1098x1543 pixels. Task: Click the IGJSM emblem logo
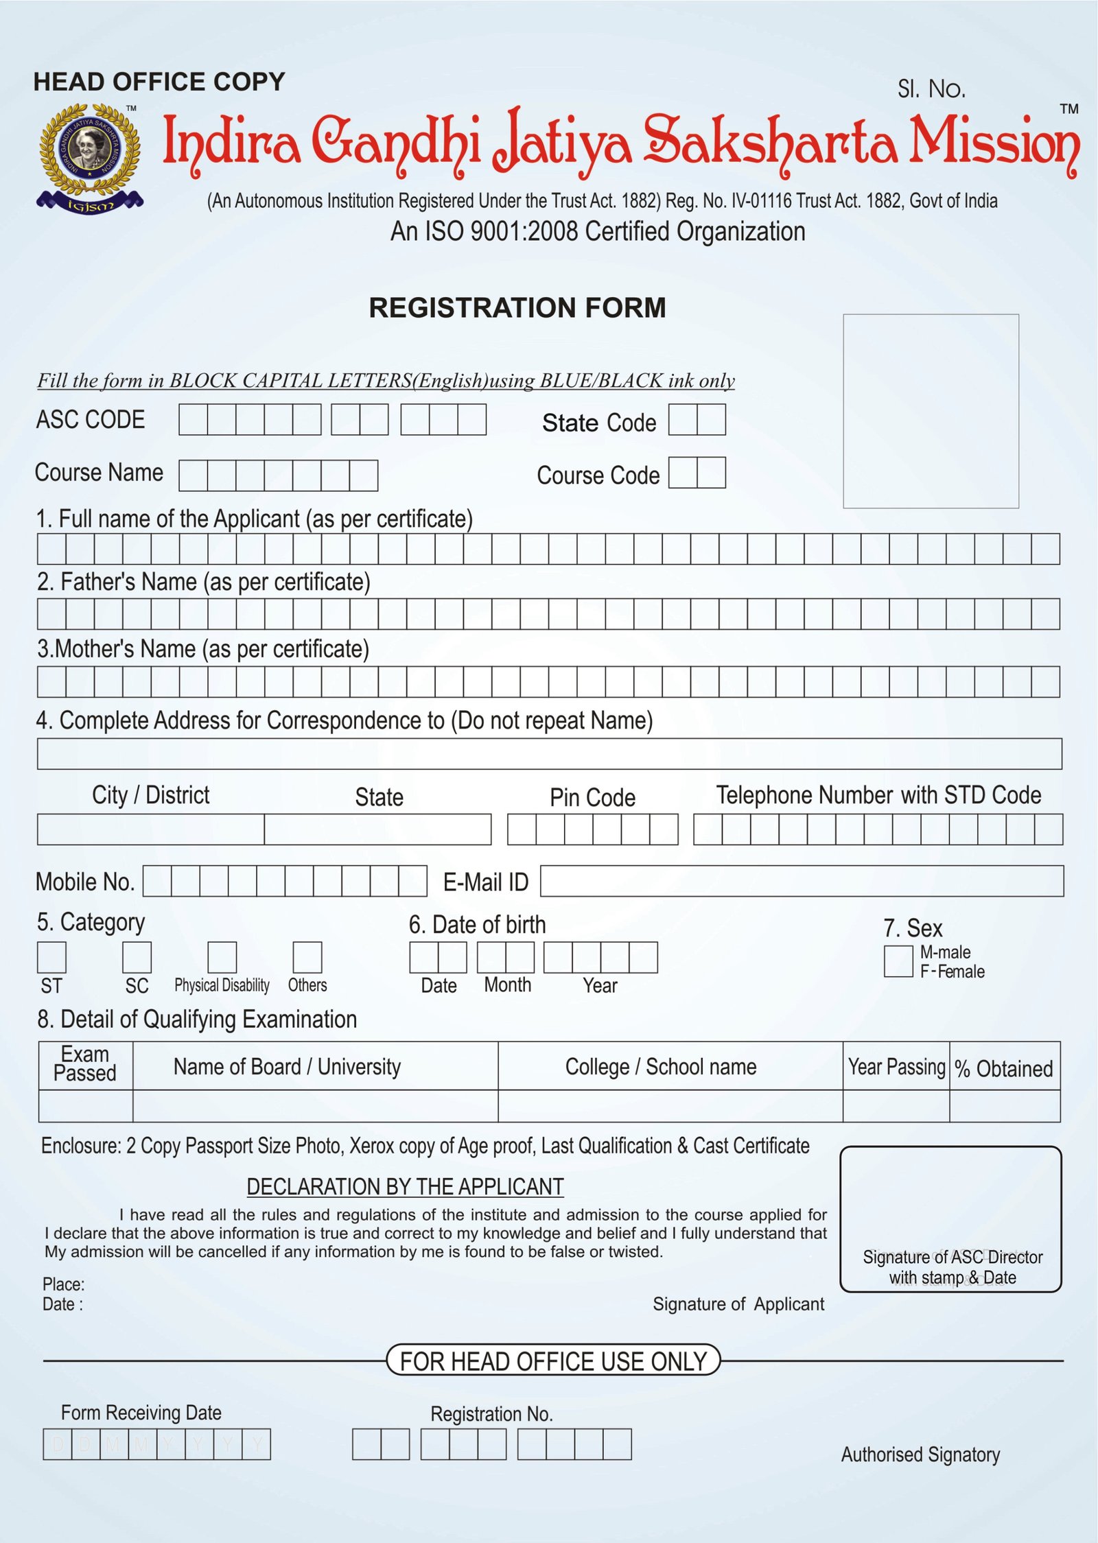90,158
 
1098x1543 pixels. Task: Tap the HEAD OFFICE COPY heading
159,82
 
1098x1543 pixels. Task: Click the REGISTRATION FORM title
517,307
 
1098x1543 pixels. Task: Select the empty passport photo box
930,411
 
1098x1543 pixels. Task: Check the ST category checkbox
51,957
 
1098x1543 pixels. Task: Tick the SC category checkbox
137,957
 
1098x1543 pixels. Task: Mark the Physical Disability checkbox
222,957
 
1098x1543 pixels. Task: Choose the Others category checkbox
307,957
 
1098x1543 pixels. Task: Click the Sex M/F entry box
898,961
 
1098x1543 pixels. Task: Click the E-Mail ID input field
802,881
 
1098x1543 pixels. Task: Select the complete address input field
549,753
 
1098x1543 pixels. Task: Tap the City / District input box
150,829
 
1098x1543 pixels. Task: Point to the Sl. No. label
931,89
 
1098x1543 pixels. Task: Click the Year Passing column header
896,1067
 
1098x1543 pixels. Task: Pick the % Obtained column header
1004,1068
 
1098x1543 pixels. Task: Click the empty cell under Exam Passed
86,1106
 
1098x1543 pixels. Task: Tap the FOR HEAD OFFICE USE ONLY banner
553,1361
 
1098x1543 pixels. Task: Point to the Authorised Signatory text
920,1454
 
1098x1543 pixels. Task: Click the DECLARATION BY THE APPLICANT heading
405,1186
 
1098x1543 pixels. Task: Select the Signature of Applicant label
738,1304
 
